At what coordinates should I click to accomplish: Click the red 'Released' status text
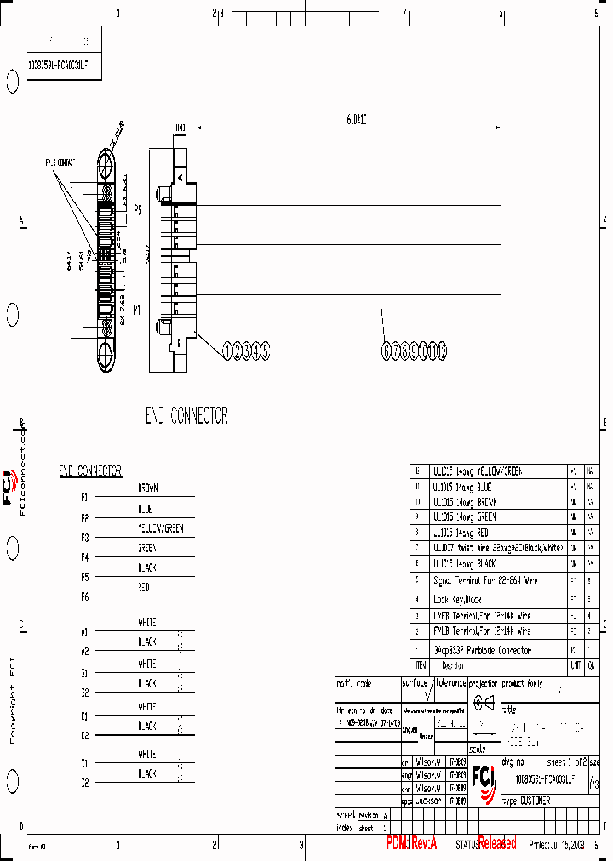(x=496, y=844)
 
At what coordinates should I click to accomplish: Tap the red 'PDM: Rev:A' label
(x=411, y=843)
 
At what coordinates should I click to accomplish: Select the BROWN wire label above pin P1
(x=148, y=488)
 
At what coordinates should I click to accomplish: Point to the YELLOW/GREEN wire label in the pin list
(x=160, y=528)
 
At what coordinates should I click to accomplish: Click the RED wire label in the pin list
(x=144, y=587)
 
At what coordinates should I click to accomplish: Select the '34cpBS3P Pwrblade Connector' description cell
(x=482, y=650)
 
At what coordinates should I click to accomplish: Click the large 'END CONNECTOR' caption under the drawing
(x=186, y=416)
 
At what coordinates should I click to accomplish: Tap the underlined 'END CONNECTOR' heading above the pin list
(x=90, y=470)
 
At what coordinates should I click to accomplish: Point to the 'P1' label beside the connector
(x=136, y=311)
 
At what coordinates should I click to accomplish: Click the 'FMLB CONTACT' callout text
(x=60, y=162)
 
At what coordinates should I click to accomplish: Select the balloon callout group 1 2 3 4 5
(x=247, y=350)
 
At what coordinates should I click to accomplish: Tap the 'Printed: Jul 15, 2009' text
(x=559, y=845)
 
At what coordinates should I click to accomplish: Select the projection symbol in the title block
(x=484, y=702)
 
